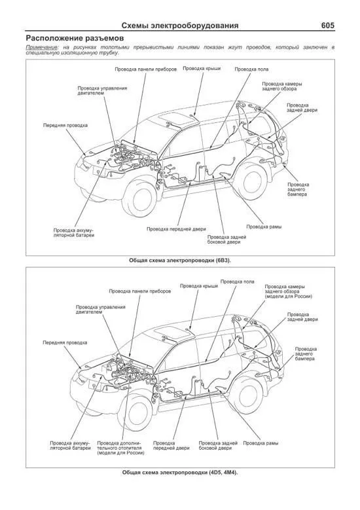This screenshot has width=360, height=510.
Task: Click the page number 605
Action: point(327,26)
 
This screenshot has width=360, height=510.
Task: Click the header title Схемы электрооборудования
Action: point(180,26)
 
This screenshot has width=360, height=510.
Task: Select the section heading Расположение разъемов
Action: point(75,38)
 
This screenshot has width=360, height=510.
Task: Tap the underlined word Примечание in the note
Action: point(42,48)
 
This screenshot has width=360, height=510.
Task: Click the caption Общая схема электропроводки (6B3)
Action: point(180,260)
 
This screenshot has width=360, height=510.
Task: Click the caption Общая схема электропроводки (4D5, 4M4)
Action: point(180,473)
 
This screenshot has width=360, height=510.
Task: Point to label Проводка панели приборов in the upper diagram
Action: point(146,69)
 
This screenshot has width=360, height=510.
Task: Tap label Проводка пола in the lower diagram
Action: point(238,282)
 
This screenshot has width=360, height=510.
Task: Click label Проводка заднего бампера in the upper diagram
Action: point(298,189)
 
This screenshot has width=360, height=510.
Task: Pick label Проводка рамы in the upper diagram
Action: point(264,227)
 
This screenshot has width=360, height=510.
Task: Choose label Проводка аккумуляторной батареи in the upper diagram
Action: point(74,232)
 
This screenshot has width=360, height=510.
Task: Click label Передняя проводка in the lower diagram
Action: point(65,343)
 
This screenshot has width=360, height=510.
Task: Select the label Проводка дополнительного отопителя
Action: point(120,448)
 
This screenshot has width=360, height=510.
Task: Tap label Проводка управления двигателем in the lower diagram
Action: point(101,309)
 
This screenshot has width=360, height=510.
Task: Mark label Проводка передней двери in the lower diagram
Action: point(171,446)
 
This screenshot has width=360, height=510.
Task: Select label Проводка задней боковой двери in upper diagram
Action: point(226,240)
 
